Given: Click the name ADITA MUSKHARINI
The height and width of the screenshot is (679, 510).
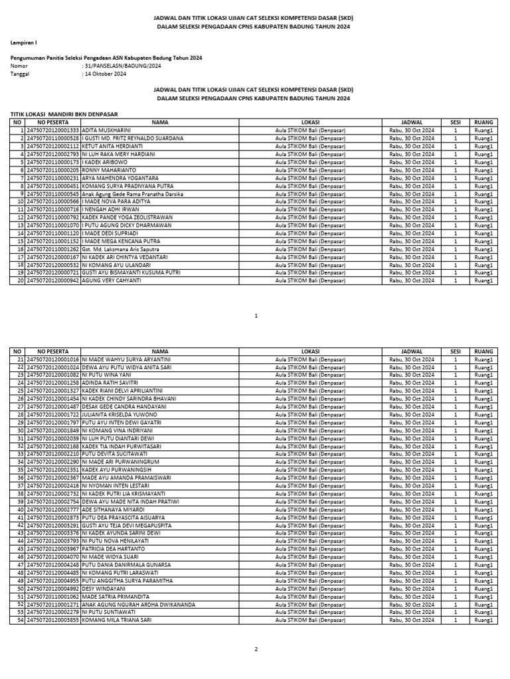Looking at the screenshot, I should (106, 131).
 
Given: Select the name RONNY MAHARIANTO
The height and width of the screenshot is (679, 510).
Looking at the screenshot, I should (109, 170).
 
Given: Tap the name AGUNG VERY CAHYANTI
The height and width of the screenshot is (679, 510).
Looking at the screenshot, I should (112, 280).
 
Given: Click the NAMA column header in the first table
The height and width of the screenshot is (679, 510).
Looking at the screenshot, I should (160, 123).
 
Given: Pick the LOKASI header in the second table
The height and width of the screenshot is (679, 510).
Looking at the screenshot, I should (311, 351).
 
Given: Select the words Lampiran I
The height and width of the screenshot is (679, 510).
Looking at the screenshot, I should (24, 42).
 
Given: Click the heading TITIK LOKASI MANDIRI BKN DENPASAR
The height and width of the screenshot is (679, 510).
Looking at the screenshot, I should (64, 115).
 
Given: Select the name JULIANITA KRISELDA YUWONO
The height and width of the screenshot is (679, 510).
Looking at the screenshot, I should (118, 414).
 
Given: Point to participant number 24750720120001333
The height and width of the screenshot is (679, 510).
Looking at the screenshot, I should (52, 131).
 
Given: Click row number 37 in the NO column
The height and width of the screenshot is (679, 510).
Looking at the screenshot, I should (20, 485).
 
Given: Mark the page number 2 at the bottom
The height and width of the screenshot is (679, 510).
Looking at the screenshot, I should (255, 649).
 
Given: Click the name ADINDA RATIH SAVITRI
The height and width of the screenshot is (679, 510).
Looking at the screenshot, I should (110, 383).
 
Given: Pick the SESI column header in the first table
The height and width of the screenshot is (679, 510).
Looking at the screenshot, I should (455, 123).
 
